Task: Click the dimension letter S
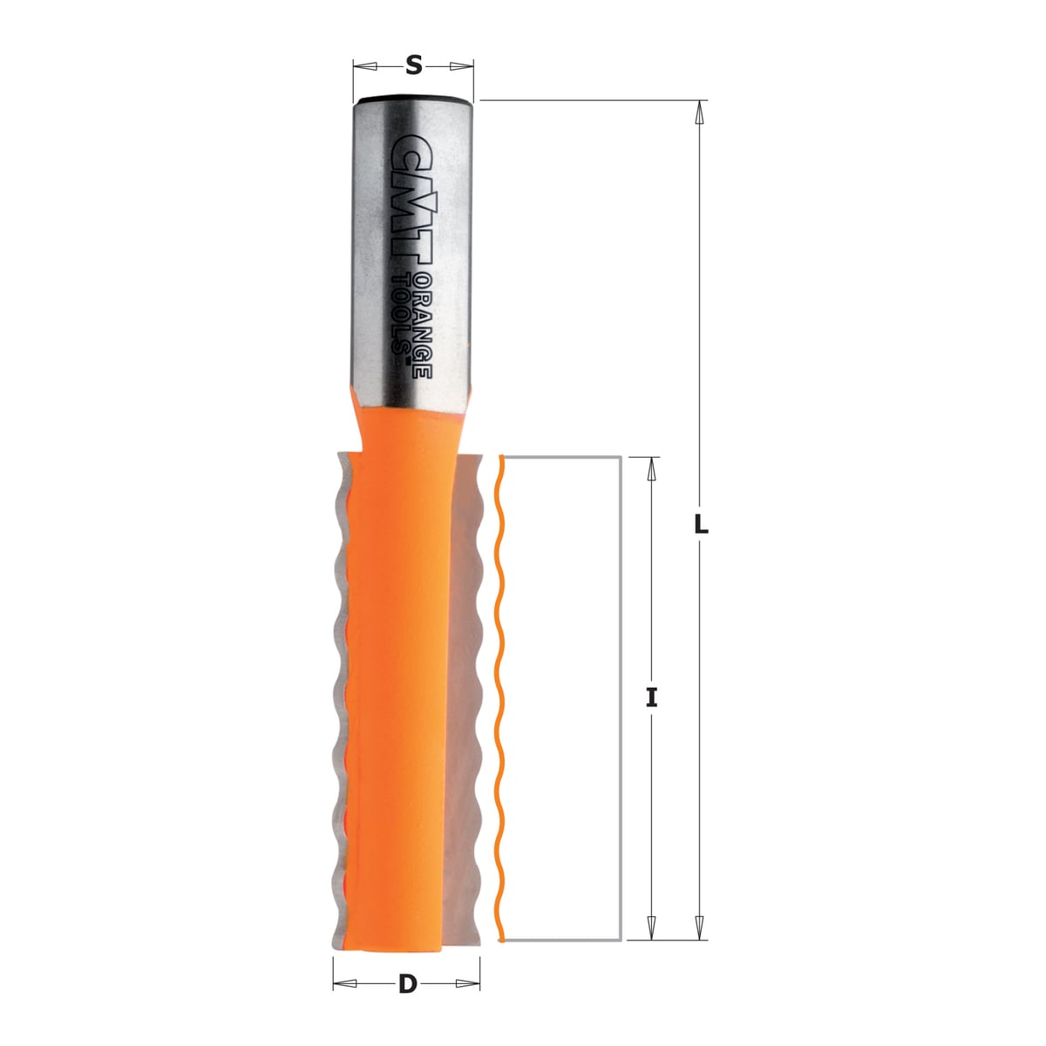point(414,65)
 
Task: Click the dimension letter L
point(701,524)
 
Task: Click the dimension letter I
point(651,697)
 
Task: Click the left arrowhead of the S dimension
point(364,66)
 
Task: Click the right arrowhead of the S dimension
point(461,66)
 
